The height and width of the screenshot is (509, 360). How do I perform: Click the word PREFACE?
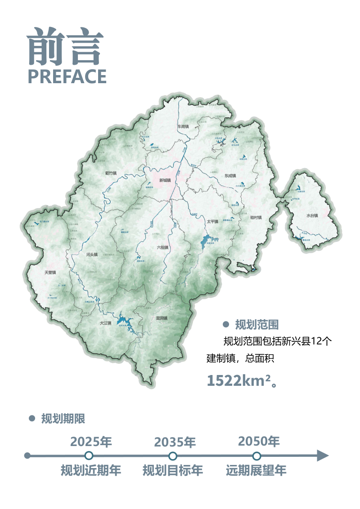point(67,76)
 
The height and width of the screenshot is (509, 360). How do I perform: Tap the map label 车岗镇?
point(183,127)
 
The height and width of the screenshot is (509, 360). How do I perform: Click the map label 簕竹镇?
point(111,173)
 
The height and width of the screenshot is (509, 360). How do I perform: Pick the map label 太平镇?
point(212,222)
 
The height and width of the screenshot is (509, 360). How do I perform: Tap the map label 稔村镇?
point(256,217)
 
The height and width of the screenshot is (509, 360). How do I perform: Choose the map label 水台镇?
point(312,216)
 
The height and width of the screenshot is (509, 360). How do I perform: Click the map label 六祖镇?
point(162,247)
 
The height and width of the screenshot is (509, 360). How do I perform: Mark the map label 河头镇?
point(92,254)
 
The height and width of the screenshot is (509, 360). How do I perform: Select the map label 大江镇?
point(105,323)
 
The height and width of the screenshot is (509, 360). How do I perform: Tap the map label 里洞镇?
point(162,318)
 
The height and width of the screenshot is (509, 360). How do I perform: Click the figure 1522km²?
point(238,380)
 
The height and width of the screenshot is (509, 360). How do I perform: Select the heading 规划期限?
point(63,419)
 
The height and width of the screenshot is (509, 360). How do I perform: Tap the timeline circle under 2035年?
point(173,456)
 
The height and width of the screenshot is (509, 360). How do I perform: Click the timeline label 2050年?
point(259,441)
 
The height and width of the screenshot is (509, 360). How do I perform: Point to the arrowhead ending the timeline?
point(323,455)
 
